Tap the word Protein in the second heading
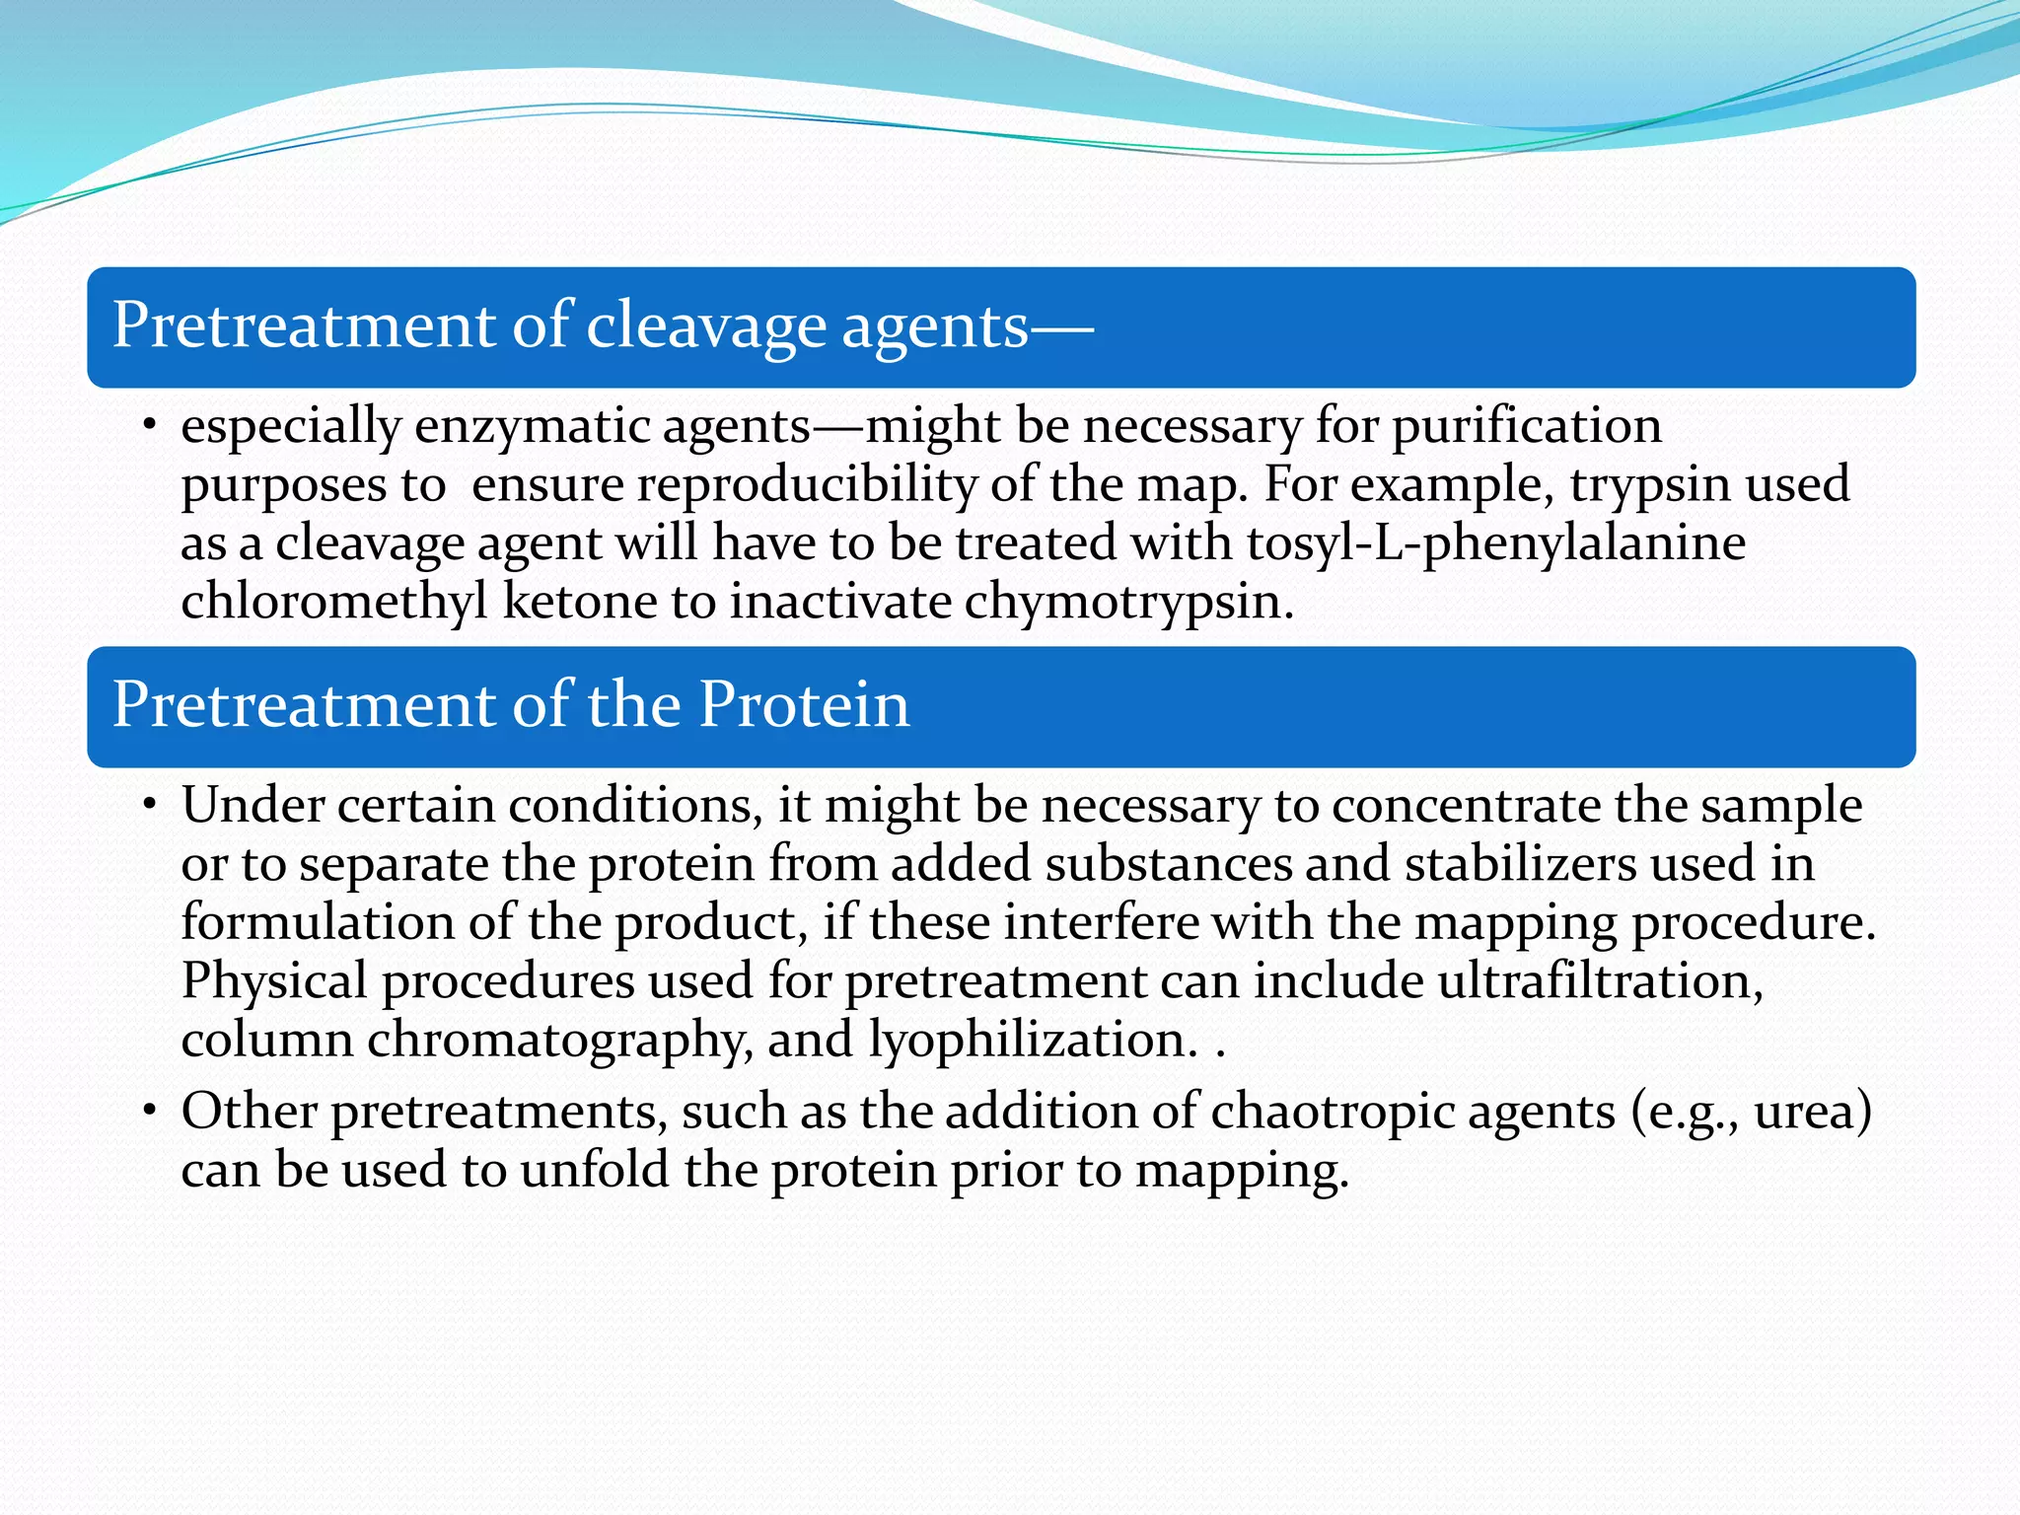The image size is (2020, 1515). tap(804, 705)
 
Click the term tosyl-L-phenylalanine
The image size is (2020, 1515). tap(1495, 543)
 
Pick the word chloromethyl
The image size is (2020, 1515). tap(333, 601)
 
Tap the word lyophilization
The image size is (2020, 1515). tap(1032, 1040)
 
